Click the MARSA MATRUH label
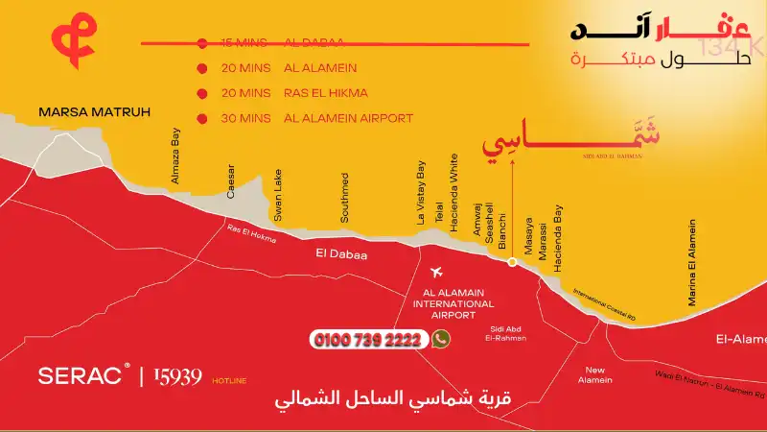coord(95,112)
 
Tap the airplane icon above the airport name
coord(440,274)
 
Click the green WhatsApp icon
coord(441,339)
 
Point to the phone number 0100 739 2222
coord(368,340)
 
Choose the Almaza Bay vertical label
coord(175,156)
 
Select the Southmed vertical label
coord(344,198)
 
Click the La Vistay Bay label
coord(420,193)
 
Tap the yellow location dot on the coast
coord(512,261)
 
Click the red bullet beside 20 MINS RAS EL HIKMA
coord(201,93)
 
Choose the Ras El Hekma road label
coord(250,234)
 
